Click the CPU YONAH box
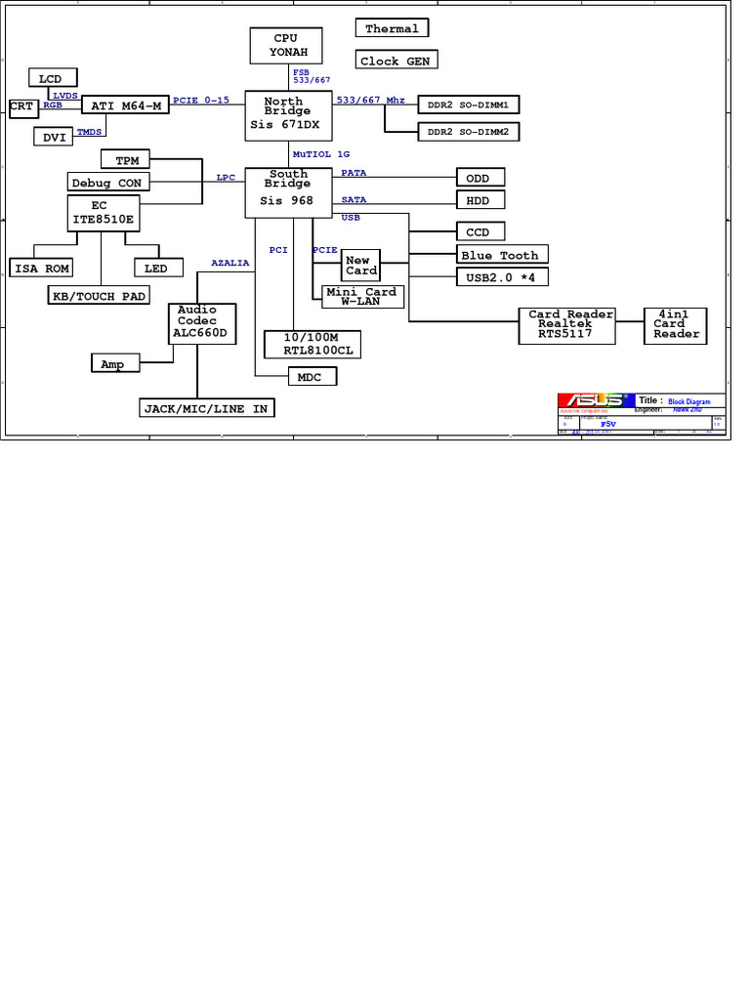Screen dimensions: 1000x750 click(x=285, y=45)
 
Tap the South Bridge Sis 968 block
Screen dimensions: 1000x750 click(x=289, y=191)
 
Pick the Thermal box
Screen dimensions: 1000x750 click(x=392, y=29)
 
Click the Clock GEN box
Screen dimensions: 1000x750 click(x=395, y=61)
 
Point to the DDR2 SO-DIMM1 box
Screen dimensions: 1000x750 click(x=469, y=104)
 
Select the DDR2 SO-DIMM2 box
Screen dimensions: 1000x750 click(x=469, y=131)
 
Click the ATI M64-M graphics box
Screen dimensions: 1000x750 click(x=125, y=105)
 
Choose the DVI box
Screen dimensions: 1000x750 click(x=54, y=138)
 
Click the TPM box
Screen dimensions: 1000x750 click(x=127, y=159)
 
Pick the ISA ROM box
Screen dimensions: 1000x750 click(x=42, y=268)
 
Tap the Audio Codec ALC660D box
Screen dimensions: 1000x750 click(x=203, y=321)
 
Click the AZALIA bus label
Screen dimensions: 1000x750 click(x=230, y=263)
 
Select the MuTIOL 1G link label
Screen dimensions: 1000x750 click(x=321, y=154)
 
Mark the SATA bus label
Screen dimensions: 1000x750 click(x=354, y=199)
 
